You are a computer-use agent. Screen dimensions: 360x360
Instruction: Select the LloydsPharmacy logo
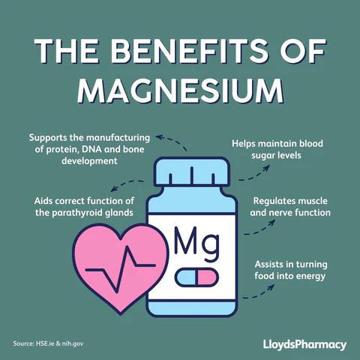304,344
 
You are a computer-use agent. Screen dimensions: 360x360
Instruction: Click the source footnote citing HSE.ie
48,344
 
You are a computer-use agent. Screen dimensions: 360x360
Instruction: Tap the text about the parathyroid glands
83,207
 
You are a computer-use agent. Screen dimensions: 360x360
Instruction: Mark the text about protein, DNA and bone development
90,148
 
